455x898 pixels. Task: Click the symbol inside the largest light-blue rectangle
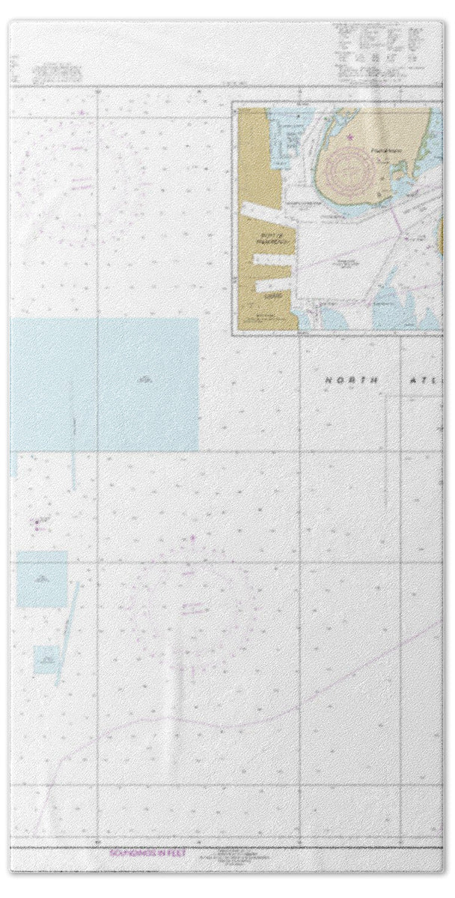click(142, 381)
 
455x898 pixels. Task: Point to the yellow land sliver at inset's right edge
click(442, 239)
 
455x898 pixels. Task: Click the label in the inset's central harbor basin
click(345, 263)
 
